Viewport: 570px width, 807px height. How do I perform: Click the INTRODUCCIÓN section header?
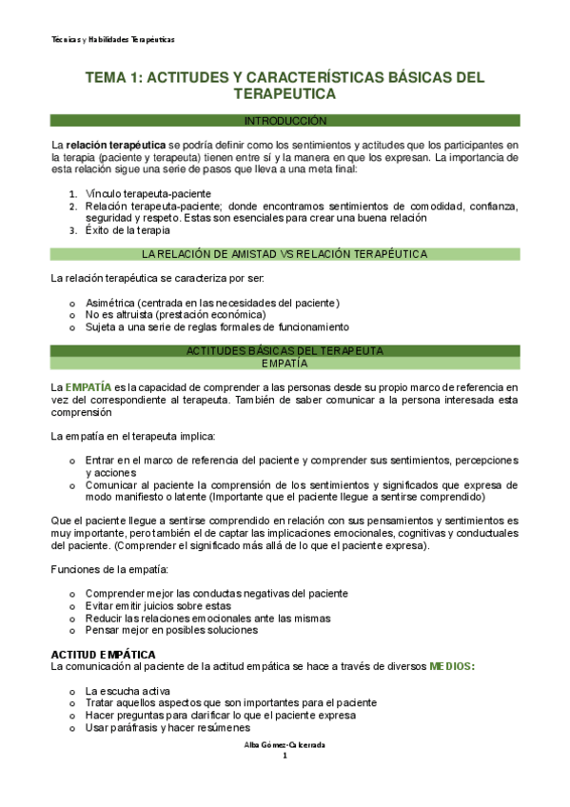tap(285, 121)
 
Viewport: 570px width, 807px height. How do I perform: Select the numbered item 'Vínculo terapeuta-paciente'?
tap(149, 193)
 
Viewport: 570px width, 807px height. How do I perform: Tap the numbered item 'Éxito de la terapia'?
tap(128, 229)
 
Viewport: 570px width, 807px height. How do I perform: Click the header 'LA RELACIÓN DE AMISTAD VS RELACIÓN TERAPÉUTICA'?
tap(285, 254)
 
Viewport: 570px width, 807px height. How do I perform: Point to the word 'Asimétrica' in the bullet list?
tap(110, 303)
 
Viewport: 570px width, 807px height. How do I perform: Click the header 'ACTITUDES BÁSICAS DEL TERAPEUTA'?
tap(285, 351)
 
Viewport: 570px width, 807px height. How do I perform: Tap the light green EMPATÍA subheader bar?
tap(285, 363)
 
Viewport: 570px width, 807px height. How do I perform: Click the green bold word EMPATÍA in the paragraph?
tap(87, 387)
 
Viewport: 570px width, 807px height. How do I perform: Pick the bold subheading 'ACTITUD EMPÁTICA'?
tap(103, 655)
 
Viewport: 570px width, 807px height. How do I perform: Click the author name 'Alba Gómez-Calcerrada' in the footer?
tap(285, 745)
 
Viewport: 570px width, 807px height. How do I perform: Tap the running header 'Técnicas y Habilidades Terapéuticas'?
tap(112, 40)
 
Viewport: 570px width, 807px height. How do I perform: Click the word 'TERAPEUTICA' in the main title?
tap(285, 95)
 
